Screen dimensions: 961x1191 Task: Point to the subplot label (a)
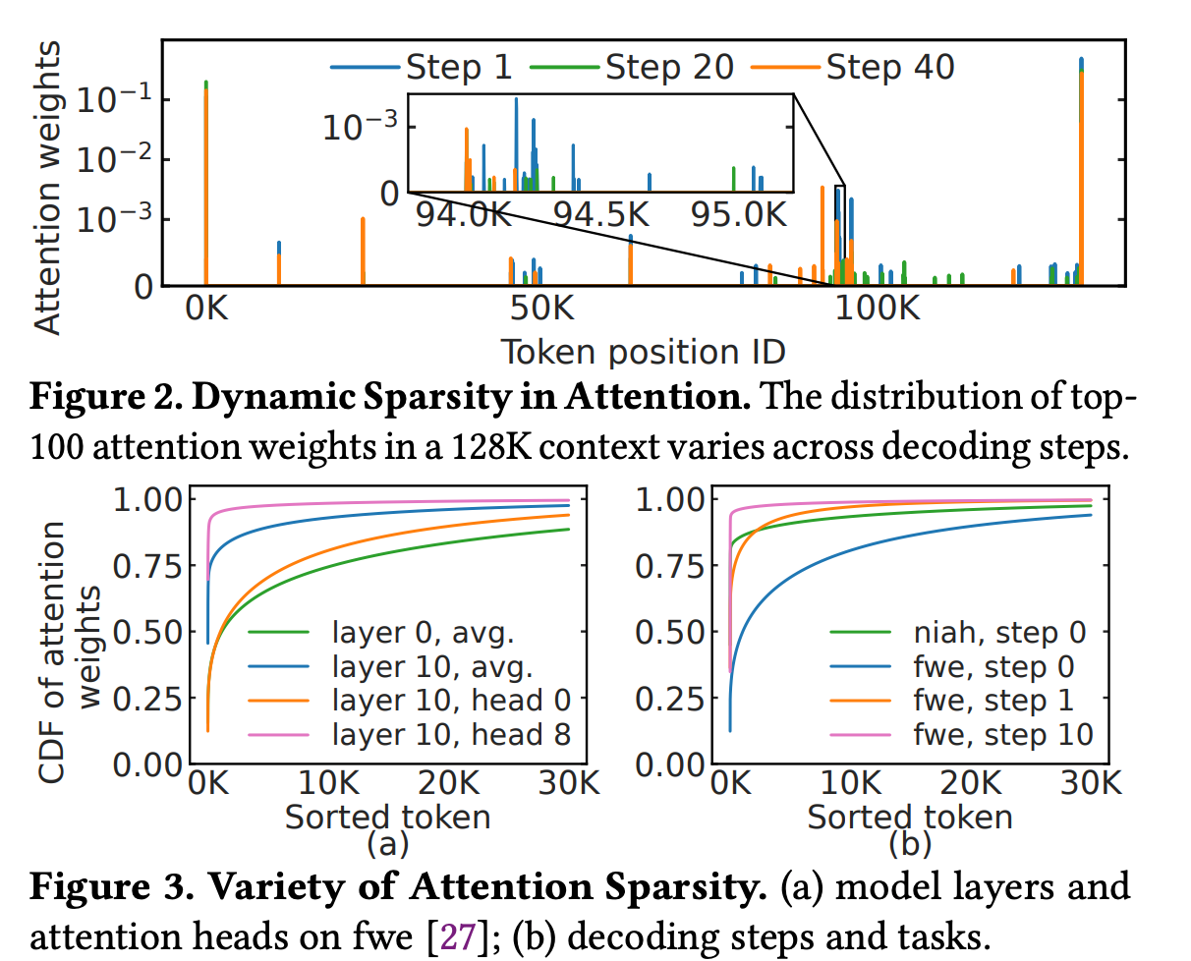[x=387, y=842]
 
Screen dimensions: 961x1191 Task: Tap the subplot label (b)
[x=910, y=842]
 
